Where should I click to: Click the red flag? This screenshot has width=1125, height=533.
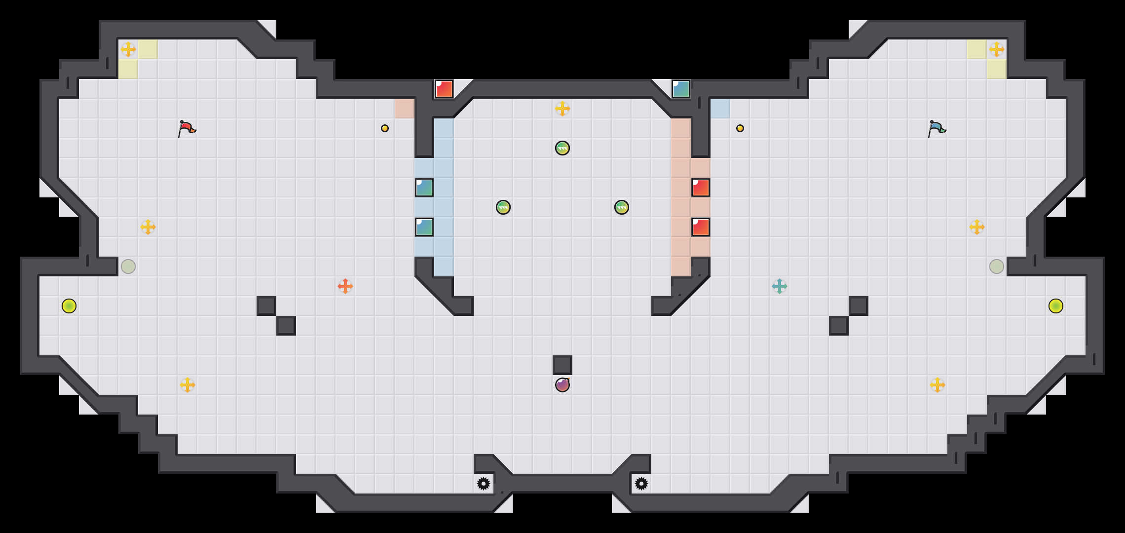coord(187,128)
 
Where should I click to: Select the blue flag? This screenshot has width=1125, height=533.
coord(937,128)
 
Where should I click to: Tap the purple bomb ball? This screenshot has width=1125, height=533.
coord(562,385)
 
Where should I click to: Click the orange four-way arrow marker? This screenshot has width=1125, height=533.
coord(345,286)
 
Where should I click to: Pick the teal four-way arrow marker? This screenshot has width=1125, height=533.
coord(780,286)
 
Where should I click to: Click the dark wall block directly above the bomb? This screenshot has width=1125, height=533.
coord(562,365)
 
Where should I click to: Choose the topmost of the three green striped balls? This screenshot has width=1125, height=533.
coord(562,148)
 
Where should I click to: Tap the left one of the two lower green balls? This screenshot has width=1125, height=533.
coord(503,207)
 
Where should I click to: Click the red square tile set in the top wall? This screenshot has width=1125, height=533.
coord(444,89)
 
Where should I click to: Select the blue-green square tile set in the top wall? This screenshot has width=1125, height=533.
coord(681,89)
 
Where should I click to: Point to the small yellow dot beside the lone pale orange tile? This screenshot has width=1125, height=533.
coord(385,128)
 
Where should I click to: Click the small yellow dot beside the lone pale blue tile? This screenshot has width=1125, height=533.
coord(740,128)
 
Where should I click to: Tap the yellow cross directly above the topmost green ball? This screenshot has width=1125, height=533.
coord(562,109)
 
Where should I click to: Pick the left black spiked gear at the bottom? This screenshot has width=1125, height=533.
coord(484,484)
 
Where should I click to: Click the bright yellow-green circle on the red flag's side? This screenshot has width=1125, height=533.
coord(69,306)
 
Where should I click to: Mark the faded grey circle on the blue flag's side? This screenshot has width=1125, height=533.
coord(997,266)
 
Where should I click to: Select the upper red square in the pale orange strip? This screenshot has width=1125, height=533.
coord(701,188)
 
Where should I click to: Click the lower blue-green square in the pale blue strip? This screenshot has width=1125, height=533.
coord(424,227)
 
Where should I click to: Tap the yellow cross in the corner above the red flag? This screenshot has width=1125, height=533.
coord(128,49)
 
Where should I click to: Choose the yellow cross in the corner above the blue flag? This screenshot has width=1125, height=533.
coord(997,49)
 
